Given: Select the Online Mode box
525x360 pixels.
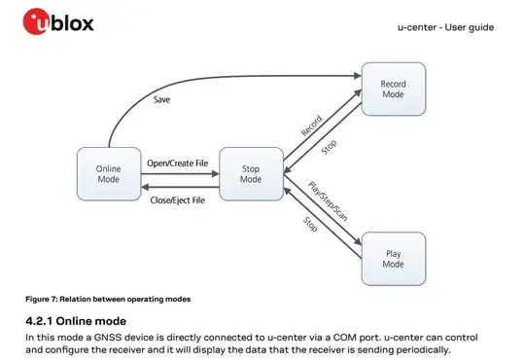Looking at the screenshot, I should (108, 174).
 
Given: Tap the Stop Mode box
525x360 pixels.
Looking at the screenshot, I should (250, 174).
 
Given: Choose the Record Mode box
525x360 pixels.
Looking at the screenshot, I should (393, 90).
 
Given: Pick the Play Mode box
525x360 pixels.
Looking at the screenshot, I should (393, 258).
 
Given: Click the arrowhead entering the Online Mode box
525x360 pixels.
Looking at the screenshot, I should (143, 187).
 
